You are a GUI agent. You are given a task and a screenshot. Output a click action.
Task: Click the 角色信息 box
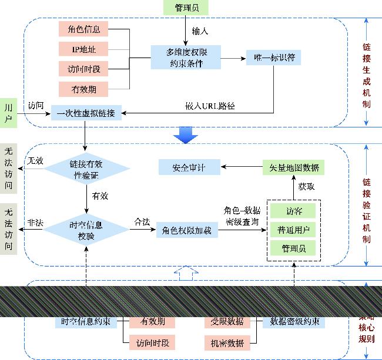click(x=84, y=28)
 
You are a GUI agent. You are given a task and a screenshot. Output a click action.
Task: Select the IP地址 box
click(x=84, y=48)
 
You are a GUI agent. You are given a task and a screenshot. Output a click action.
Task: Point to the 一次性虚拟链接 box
click(x=86, y=113)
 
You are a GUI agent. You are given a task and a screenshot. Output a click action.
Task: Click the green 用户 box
click(x=8, y=113)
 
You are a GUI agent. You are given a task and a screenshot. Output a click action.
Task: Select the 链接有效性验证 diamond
click(x=86, y=168)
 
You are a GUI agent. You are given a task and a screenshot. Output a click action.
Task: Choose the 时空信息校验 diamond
click(x=86, y=231)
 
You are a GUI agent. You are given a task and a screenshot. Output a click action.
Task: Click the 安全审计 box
click(x=189, y=167)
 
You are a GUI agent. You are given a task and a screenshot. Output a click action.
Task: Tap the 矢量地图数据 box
click(x=293, y=167)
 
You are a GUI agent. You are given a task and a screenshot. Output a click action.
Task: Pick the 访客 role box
click(x=293, y=210)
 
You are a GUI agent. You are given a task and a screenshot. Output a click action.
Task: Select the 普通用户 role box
click(x=293, y=230)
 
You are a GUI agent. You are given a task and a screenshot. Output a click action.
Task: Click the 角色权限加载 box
click(x=185, y=231)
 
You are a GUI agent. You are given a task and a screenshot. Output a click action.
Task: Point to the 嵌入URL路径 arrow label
click(x=210, y=106)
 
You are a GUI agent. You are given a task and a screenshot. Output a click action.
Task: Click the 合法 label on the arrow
click(x=142, y=223)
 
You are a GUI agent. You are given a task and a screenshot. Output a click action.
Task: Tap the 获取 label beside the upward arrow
click(x=306, y=187)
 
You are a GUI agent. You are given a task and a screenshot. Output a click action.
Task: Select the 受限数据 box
click(x=227, y=322)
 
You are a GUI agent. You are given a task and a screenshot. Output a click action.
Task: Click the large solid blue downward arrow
click(x=185, y=135)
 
